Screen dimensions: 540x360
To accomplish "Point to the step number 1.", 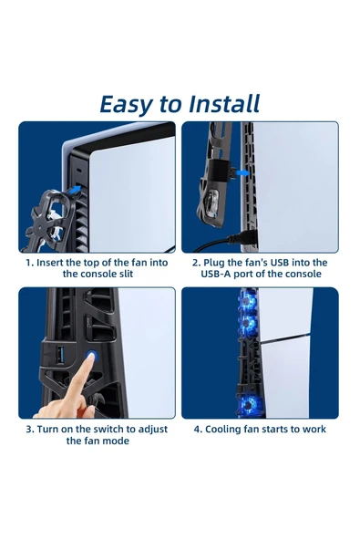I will [x=28, y=263].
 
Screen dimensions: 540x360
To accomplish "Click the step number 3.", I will [x=28, y=429].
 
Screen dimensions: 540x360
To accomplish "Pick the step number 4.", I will [x=198, y=429].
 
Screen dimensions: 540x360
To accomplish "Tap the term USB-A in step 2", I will [x=219, y=275].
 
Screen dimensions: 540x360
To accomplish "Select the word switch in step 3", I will [x=108, y=429].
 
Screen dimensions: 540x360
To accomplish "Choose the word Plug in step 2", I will [x=219, y=263].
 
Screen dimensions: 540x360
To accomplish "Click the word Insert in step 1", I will [x=54, y=263].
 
